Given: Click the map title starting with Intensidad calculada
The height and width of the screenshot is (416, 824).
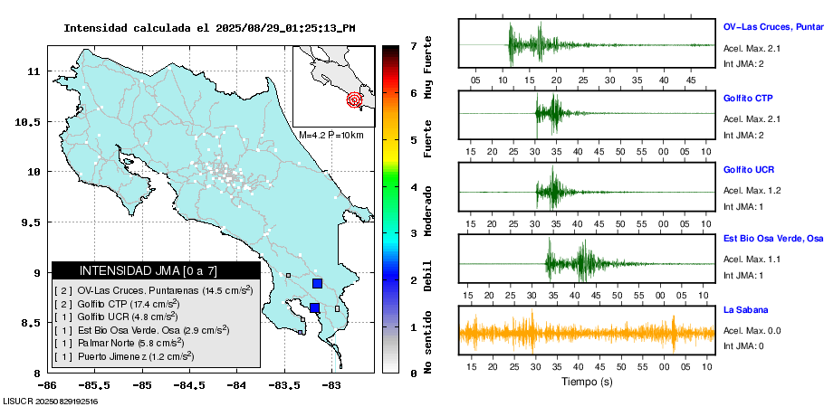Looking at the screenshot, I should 209,28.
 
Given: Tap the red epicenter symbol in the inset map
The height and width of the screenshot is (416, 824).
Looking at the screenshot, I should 355,99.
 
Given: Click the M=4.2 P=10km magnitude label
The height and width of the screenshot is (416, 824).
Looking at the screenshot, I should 331,135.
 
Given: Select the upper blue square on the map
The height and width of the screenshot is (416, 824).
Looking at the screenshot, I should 317,283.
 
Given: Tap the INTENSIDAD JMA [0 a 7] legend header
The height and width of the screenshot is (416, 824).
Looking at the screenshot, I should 156,270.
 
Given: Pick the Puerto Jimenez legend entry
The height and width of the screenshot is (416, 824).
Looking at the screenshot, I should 130,356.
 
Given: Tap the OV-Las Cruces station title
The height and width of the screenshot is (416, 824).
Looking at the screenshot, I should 772,28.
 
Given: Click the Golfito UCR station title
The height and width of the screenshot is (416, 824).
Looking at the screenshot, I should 749,169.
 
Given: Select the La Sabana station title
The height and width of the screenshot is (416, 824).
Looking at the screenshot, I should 746,310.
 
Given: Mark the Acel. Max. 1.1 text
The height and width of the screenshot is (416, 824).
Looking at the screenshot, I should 752,260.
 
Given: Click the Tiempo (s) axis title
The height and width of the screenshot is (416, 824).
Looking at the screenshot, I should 588,382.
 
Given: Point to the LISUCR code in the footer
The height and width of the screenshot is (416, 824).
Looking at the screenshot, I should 50,401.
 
